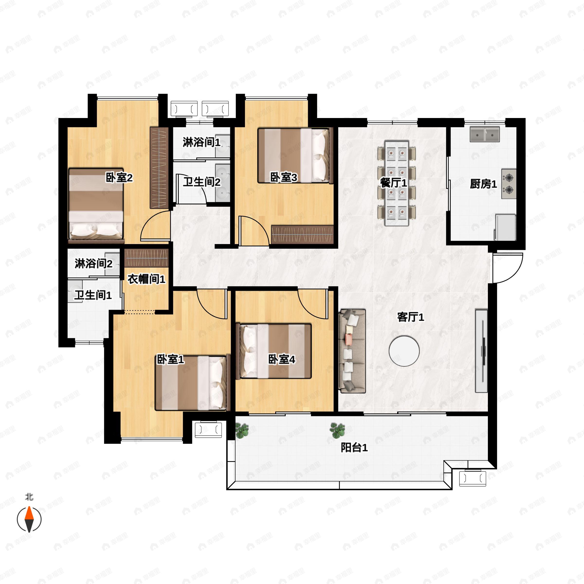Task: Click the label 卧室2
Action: click(119, 177)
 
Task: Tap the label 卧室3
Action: click(283, 177)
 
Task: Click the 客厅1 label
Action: click(411, 317)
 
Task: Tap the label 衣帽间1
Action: click(146, 279)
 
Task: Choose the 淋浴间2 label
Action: click(93, 264)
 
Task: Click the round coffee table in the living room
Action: click(404, 351)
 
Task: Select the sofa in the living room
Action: click(352, 351)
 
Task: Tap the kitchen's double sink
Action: click(484, 135)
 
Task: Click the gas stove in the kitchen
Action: click(509, 184)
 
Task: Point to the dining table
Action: click(396, 183)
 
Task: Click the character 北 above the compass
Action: click(29, 497)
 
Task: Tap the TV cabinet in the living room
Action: click(481, 351)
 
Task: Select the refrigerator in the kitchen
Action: click(505, 227)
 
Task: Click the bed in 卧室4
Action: click(275, 351)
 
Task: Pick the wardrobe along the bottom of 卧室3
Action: click(302, 234)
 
